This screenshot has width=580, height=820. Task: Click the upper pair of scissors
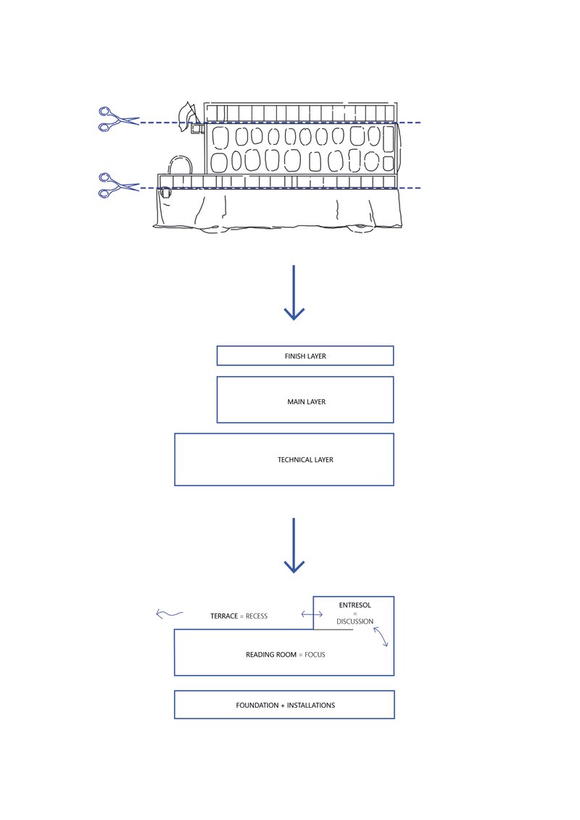(x=117, y=119)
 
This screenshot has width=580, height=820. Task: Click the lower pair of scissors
(x=117, y=184)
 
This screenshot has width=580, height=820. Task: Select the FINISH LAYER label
(x=305, y=356)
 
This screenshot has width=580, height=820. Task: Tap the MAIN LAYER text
(x=306, y=401)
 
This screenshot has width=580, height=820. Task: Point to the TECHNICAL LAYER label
(x=305, y=459)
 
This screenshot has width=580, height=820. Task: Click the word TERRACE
(x=223, y=616)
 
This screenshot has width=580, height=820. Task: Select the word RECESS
(x=257, y=616)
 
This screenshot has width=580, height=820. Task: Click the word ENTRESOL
(x=355, y=605)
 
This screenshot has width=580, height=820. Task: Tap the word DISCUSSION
(x=355, y=622)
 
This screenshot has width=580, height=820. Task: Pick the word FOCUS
(x=315, y=655)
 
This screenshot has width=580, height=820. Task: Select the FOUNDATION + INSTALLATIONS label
(x=285, y=705)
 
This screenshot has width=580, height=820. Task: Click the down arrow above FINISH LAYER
(x=294, y=293)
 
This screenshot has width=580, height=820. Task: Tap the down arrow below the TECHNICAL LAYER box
(x=294, y=545)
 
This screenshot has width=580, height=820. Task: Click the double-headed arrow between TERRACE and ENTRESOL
(x=312, y=615)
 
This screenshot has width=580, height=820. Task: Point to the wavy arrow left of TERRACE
(x=169, y=615)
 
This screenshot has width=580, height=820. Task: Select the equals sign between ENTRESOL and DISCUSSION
(x=355, y=614)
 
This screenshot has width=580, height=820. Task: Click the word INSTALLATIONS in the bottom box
(x=311, y=705)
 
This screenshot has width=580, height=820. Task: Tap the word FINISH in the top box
(x=295, y=356)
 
